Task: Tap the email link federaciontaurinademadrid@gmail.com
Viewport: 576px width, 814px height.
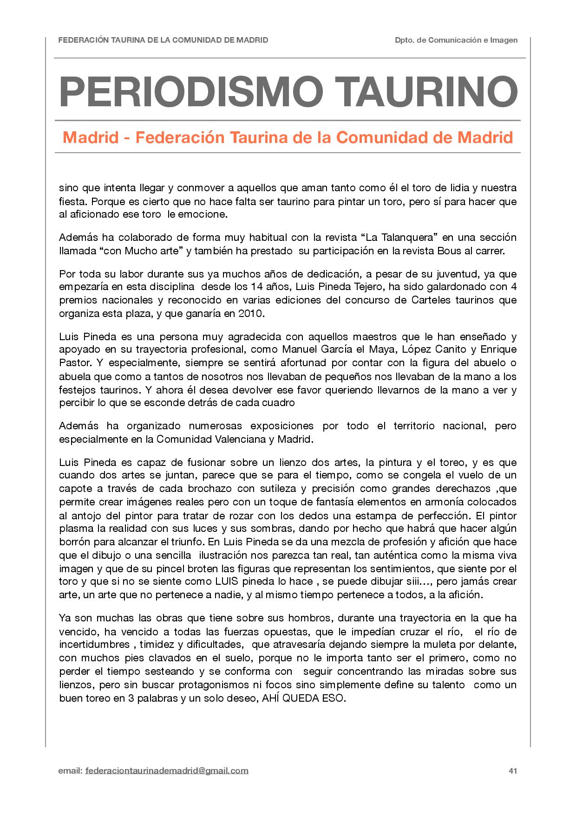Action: pyautogui.click(x=167, y=771)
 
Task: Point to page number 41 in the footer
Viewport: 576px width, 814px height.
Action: pyautogui.click(x=513, y=771)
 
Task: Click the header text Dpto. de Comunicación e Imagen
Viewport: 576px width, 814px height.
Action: pyautogui.click(x=456, y=40)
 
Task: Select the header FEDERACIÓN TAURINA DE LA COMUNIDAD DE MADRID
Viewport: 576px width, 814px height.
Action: pyautogui.click(x=163, y=40)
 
